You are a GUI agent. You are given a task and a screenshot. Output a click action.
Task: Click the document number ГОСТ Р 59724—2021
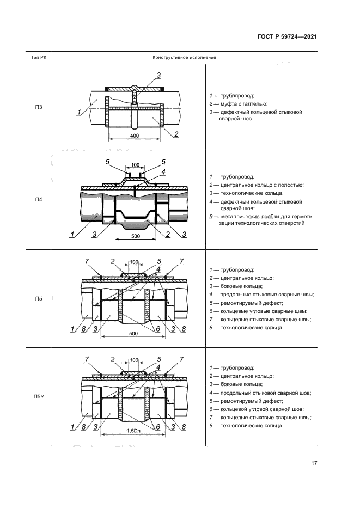pos(287,36)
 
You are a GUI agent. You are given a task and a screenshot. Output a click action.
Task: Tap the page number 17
pos(314,463)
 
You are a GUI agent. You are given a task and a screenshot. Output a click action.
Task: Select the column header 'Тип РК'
pos(39,58)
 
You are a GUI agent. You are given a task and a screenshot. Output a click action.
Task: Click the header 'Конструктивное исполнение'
pos(185,58)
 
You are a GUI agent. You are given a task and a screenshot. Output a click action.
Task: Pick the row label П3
pos(39,107)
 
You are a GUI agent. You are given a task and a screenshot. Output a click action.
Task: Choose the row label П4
pos(39,200)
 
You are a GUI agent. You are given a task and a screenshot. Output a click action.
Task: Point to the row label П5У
pos(39,397)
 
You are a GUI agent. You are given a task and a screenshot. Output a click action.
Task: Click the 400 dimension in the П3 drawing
pos(135,136)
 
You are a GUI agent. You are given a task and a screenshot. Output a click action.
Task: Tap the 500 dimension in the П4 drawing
pos(136,236)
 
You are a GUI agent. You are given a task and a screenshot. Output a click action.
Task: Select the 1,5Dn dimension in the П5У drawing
pos(133,431)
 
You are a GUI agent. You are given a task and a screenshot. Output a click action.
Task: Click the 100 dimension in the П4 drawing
pos(135,165)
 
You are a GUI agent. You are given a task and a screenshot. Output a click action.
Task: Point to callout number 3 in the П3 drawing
pos(158,75)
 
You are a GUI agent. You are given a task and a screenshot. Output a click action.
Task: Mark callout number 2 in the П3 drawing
pos(176,134)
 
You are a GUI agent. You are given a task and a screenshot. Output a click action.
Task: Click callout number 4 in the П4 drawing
pos(163,171)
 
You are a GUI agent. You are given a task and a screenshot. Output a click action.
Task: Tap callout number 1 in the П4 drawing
pos(72,235)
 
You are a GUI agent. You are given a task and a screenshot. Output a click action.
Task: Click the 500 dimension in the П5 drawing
pos(133,333)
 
